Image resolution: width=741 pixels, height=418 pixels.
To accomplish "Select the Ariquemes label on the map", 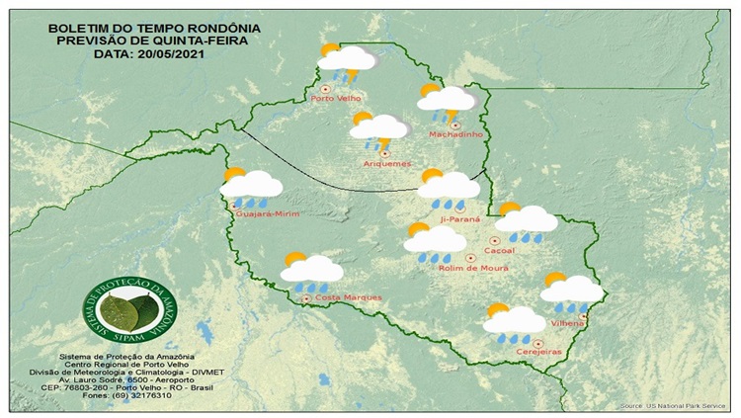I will tap(381, 163).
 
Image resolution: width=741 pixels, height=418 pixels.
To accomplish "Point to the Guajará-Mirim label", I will tap(265, 212).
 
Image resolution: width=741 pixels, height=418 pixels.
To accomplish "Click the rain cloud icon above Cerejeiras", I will tap(513, 322).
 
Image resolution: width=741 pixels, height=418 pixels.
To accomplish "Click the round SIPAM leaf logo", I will tap(123, 308).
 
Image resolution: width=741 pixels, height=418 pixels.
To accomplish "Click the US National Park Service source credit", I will tap(678, 406).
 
